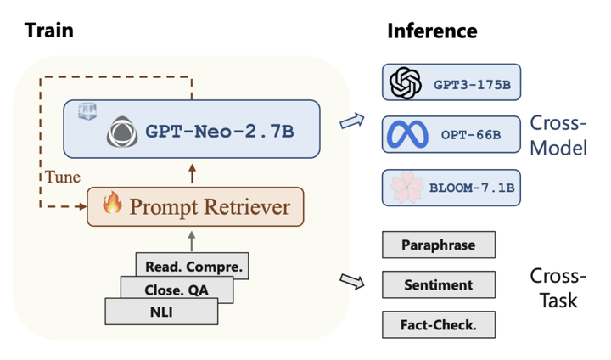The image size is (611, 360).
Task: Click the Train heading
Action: click(x=48, y=31)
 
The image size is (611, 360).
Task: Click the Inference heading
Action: click(x=432, y=31)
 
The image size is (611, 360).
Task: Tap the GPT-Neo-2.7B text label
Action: click(x=220, y=131)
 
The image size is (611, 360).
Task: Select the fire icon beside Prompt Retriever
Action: click(x=112, y=202)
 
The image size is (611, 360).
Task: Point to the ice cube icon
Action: click(x=87, y=111)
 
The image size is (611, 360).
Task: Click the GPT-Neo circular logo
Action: click(x=122, y=132)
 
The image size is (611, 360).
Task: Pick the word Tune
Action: click(x=63, y=177)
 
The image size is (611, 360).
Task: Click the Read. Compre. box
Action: click(x=192, y=265)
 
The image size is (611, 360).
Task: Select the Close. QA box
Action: click(x=177, y=290)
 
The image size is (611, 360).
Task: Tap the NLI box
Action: click(x=161, y=312)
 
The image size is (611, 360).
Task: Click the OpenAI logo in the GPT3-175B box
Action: click(x=406, y=82)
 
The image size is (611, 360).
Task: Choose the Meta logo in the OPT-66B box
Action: click(x=407, y=134)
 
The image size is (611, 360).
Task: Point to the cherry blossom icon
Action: click(x=406, y=187)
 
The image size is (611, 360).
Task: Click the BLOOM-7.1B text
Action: click(x=472, y=188)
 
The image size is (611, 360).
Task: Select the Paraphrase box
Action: click(x=439, y=245)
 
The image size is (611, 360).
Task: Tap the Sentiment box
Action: click(x=439, y=284)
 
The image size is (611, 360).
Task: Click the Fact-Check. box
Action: click(x=439, y=324)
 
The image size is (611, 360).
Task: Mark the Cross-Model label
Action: click(x=558, y=135)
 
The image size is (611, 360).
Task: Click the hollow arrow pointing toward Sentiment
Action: click(x=352, y=281)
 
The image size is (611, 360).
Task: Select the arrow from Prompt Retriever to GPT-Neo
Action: click(x=192, y=173)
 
